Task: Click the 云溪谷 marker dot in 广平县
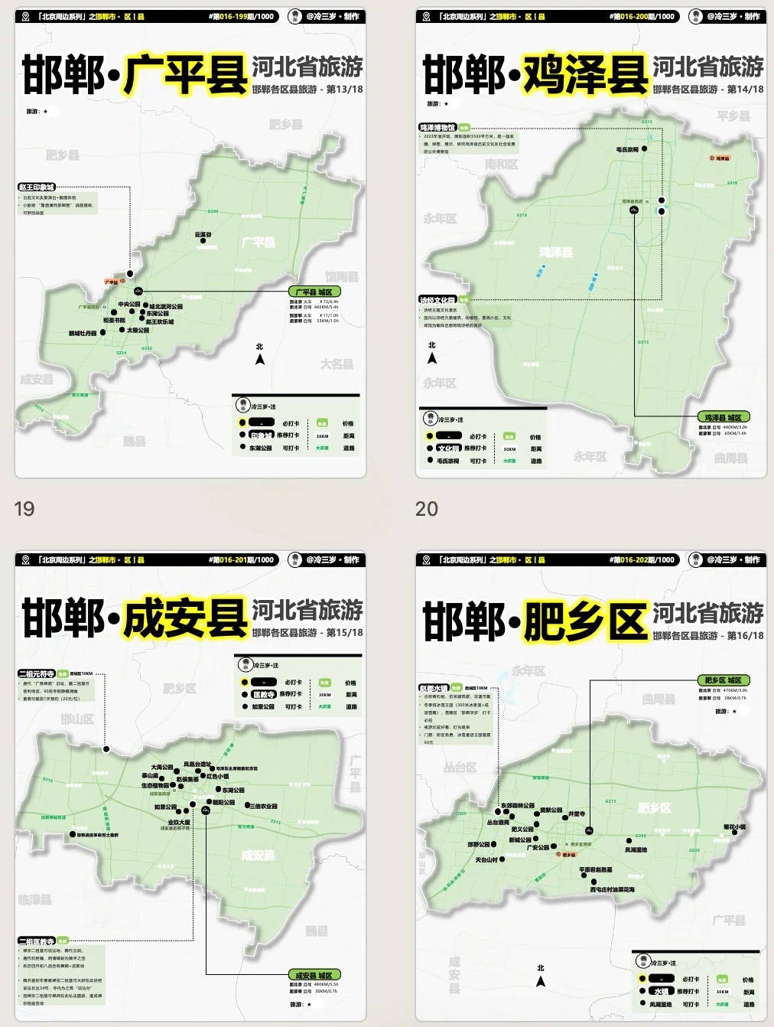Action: tap(203, 241)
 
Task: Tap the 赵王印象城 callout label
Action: tap(37, 187)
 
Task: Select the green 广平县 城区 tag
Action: tap(314, 292)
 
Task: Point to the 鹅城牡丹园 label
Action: tap(83, 334)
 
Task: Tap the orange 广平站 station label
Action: tap(112, 282)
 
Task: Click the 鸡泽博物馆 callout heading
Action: tap(437, 128)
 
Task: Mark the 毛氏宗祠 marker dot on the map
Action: tap(644, 149)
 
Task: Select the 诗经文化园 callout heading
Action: tap(437, 300)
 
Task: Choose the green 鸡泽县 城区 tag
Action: tap(723, 418)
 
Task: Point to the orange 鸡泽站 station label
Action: tap(721, 158)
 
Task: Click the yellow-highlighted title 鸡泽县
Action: tap(585, 75)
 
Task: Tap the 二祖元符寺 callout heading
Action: tap(37, 674)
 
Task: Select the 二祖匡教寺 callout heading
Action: tap(37, 941)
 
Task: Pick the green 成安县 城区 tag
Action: tap(314, 975)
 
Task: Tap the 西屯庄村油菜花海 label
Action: tap(612, 889)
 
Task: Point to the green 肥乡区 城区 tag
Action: tap(723, 680)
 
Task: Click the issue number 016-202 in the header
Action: tap(632, 559)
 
